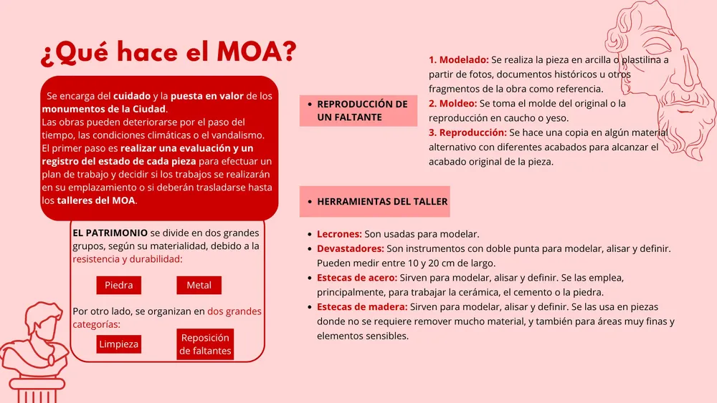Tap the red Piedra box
[x=118, y=285]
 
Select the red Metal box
[x=199, y=285]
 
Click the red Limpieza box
[x=119, y=344]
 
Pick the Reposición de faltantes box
[x=205, y=344]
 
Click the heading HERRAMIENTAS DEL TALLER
[x=382, y=202]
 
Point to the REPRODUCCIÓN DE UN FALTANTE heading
[x=361, y=110]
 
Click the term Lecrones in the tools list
[x=339, y=234]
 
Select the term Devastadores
[x=351, y=248]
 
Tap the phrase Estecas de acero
[x=357, y=278]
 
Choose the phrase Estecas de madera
[x=362, y=306]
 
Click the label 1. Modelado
[x=459, y=60]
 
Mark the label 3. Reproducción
[x=467, y=133]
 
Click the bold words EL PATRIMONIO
[x=110, y=233]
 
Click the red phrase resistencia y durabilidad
[x=127, y=259]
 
